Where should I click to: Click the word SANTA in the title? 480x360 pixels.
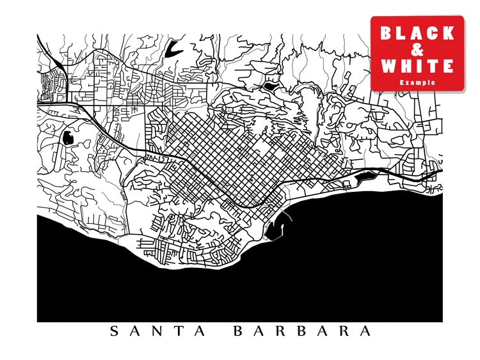pyautogui.click(x=157, y=331)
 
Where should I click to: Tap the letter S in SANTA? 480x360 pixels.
pyautogui.click(x=115, y=331)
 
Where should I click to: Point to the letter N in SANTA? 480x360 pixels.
pyautogui.click(x=157, y=331)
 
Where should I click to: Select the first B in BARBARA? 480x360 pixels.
pyautogui.click(x=238, y=331)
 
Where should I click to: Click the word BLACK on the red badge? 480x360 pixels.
pyautogui.click(x=417, y=33)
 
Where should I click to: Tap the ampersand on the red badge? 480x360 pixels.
pyautogui.click(x=417, y=49)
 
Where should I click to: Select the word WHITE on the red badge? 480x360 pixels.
pyautogui.click(x=417, y=65)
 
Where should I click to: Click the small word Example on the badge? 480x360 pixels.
pyautogui.click(x=417, y=82)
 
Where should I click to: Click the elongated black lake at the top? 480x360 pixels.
pyautogui.click(x=171, y=49)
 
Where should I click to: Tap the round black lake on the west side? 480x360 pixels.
pyautogui.click(x=67, y=137)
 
